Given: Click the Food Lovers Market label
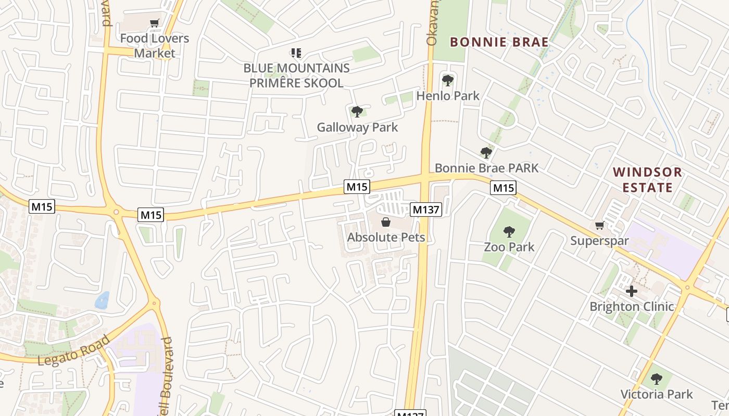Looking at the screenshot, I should coord(154,46).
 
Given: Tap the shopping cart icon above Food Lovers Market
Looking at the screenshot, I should coord(154,23).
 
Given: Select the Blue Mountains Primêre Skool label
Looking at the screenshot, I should coord(296,75).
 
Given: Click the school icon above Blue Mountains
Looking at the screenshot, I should coord(296,53).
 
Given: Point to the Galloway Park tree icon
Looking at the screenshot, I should coord(357,111).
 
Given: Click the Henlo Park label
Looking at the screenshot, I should coord(448,96).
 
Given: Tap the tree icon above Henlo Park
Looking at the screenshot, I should coord(447,80).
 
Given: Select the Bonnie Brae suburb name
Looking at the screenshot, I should coord(499,42).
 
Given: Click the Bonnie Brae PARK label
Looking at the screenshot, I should coord(486,168).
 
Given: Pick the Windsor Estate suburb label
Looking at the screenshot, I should coord(647,179).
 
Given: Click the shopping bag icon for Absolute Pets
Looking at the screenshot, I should coord(386,223).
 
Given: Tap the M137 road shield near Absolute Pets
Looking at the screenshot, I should coord(426,210).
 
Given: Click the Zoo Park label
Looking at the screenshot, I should coord(509,247).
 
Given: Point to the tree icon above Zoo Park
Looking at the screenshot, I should coord(509,232).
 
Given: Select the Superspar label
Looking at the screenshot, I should coord(599,241).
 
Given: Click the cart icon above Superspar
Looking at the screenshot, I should coord(599,226).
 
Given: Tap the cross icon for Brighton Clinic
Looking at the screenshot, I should coord(632,291).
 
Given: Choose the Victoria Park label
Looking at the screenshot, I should coord(656,394).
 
